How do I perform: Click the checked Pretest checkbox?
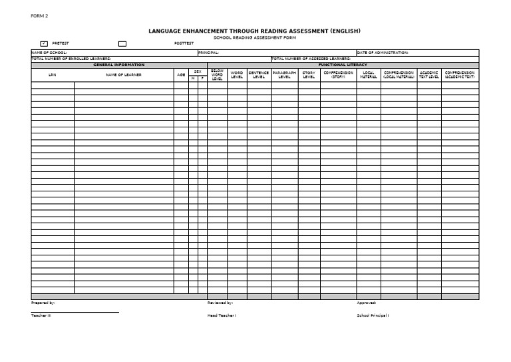[44, 43]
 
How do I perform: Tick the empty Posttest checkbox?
[122, 43]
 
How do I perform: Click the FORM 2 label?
[39, 16]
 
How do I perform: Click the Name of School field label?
[49, 52]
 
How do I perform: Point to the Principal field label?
[208, 52]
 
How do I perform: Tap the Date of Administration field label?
[383, 52]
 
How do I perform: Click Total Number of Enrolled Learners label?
[71, 59]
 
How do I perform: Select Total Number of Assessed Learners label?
[311, 59]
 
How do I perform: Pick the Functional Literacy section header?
[343, 65]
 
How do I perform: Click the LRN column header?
[53, 75]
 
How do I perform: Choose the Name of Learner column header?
[124, 75]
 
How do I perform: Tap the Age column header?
[181, 75]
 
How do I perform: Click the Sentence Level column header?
[259, 75]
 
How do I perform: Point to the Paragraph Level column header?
[284, 75]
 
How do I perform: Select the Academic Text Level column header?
[429, 75]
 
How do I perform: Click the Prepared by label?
[43, 303]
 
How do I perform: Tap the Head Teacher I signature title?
[222, 315]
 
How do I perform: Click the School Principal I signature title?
[373, 315]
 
